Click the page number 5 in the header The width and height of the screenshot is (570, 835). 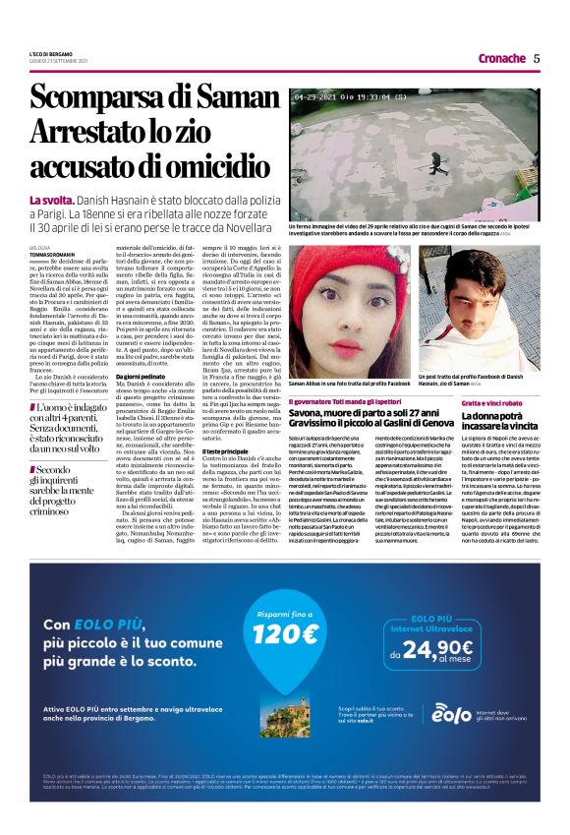pyautogui.click(x=537, y=58)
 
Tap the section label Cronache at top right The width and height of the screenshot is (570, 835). pyautogui.click(x=501, y=58)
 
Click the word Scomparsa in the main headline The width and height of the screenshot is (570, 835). pyautogui.click(x=110, y=98)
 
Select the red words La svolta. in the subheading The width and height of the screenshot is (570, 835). pyautogui.click(x=53, y=201)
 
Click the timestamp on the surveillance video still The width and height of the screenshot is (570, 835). pyautogui.click(x=350, y=97)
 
